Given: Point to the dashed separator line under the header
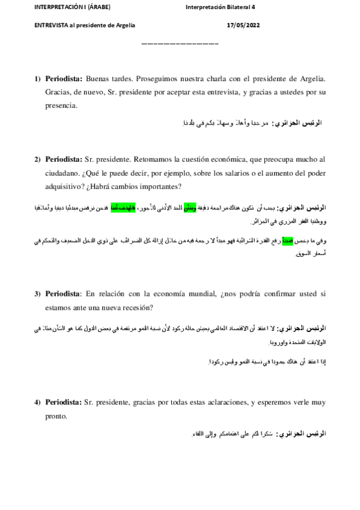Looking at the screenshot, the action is [x=180, y=44].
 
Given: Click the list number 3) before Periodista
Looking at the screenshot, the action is [x=37, y=294].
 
